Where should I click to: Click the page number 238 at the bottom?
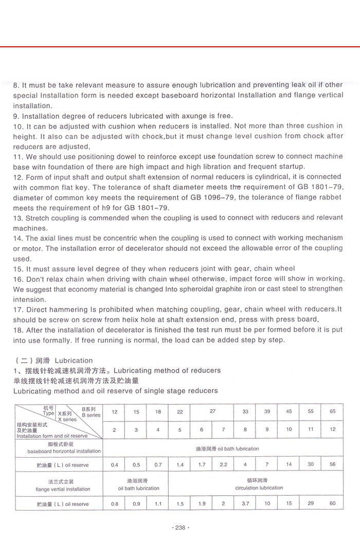179,528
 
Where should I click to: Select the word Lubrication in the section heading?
74,360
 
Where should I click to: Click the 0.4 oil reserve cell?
114,465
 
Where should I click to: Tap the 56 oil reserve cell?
332,465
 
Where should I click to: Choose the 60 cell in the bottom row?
332,503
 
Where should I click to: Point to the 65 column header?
332,411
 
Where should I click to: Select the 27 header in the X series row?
212,411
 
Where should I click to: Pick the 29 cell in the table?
311,503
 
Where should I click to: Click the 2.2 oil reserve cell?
223,465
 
